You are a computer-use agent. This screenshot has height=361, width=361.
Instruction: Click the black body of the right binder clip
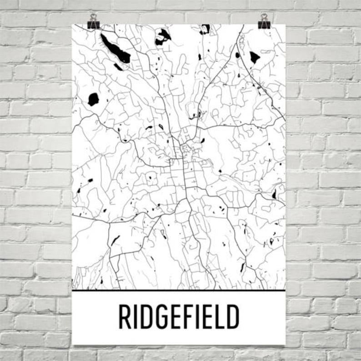264,25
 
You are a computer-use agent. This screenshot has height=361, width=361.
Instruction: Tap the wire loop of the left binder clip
94,17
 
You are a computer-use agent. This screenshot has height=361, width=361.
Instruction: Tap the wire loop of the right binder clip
264,17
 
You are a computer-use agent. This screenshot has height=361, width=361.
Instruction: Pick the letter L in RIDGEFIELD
220,316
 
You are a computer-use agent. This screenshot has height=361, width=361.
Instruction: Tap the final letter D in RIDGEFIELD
233,316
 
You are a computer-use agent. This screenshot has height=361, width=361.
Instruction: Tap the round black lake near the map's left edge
93,99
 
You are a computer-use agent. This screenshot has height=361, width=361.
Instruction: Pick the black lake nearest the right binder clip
255,57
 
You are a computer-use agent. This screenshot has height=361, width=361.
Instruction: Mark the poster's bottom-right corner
285,344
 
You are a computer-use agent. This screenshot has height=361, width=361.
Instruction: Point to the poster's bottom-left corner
72,344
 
